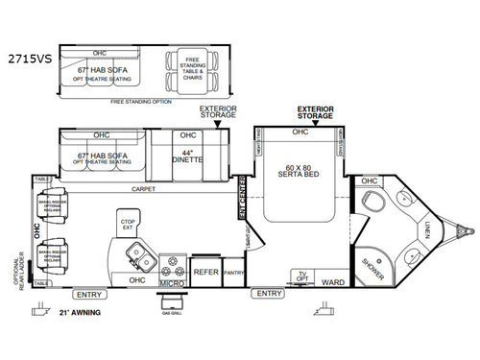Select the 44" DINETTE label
pyautogui.click(x=188, y=156)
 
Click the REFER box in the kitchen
pyautogui.click(x=205, y=272)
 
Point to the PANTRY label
pyautogui.click(x=233, y=273)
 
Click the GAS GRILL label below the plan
pyautogui.click(x=174, y=314)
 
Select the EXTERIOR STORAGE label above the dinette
pyautogui.click(x=217, y=112)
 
